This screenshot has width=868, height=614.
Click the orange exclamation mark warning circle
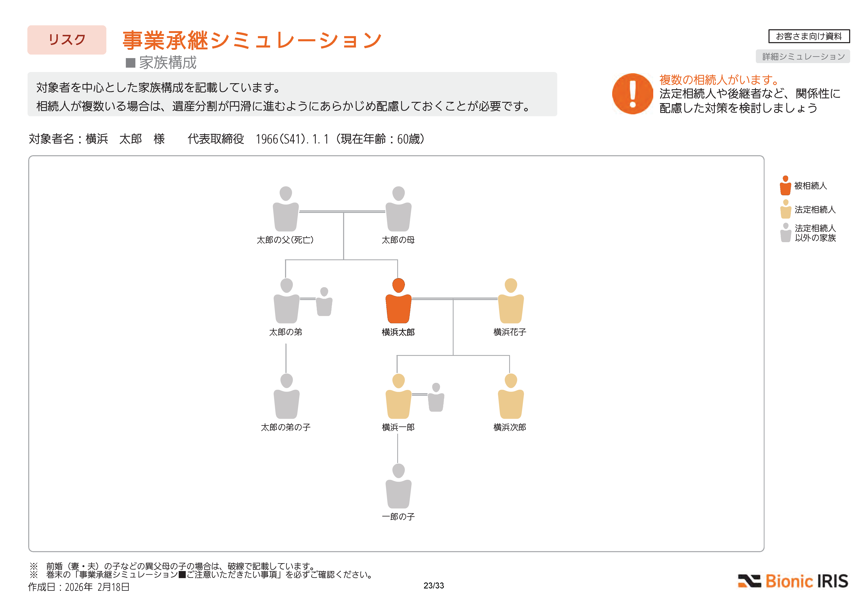pos(632,94)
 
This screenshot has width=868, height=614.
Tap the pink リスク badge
pos(67,40)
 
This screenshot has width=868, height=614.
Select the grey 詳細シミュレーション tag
pos(803,56)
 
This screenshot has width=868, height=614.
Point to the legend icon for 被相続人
pos(785,185)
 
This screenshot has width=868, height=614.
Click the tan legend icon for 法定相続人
pos(785,209)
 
